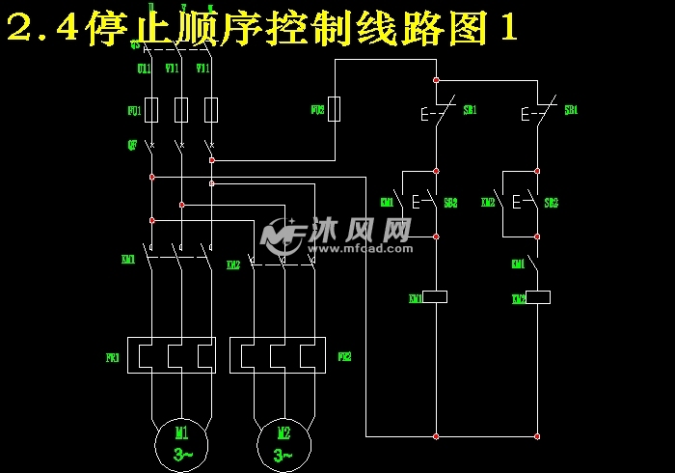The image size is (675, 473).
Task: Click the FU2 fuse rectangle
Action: coord(335,109)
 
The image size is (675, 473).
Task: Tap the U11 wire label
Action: coord(144,69)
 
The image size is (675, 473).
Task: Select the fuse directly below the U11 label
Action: coord(151,109)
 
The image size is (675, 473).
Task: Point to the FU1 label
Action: coord(134,112)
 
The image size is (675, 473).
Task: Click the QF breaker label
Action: coord(132,145)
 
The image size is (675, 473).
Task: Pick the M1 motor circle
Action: coord(182,442)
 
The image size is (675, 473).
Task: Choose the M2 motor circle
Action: coord(283,442)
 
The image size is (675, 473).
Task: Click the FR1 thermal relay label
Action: coord(112,357)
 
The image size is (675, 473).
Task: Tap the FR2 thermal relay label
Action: coord(344,357)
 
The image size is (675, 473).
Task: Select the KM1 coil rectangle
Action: coord(436,296)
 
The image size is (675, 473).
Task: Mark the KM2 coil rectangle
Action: coord(537,296)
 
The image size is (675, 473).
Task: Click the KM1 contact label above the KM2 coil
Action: coord(518,264)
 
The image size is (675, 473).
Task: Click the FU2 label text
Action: coord(317,111)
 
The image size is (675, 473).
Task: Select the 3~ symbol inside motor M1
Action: coord(182,454)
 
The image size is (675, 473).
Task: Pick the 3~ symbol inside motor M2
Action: coord(283,454)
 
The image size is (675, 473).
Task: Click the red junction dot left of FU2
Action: coord(211,159)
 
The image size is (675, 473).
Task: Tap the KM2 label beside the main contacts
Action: coord(232,265)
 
